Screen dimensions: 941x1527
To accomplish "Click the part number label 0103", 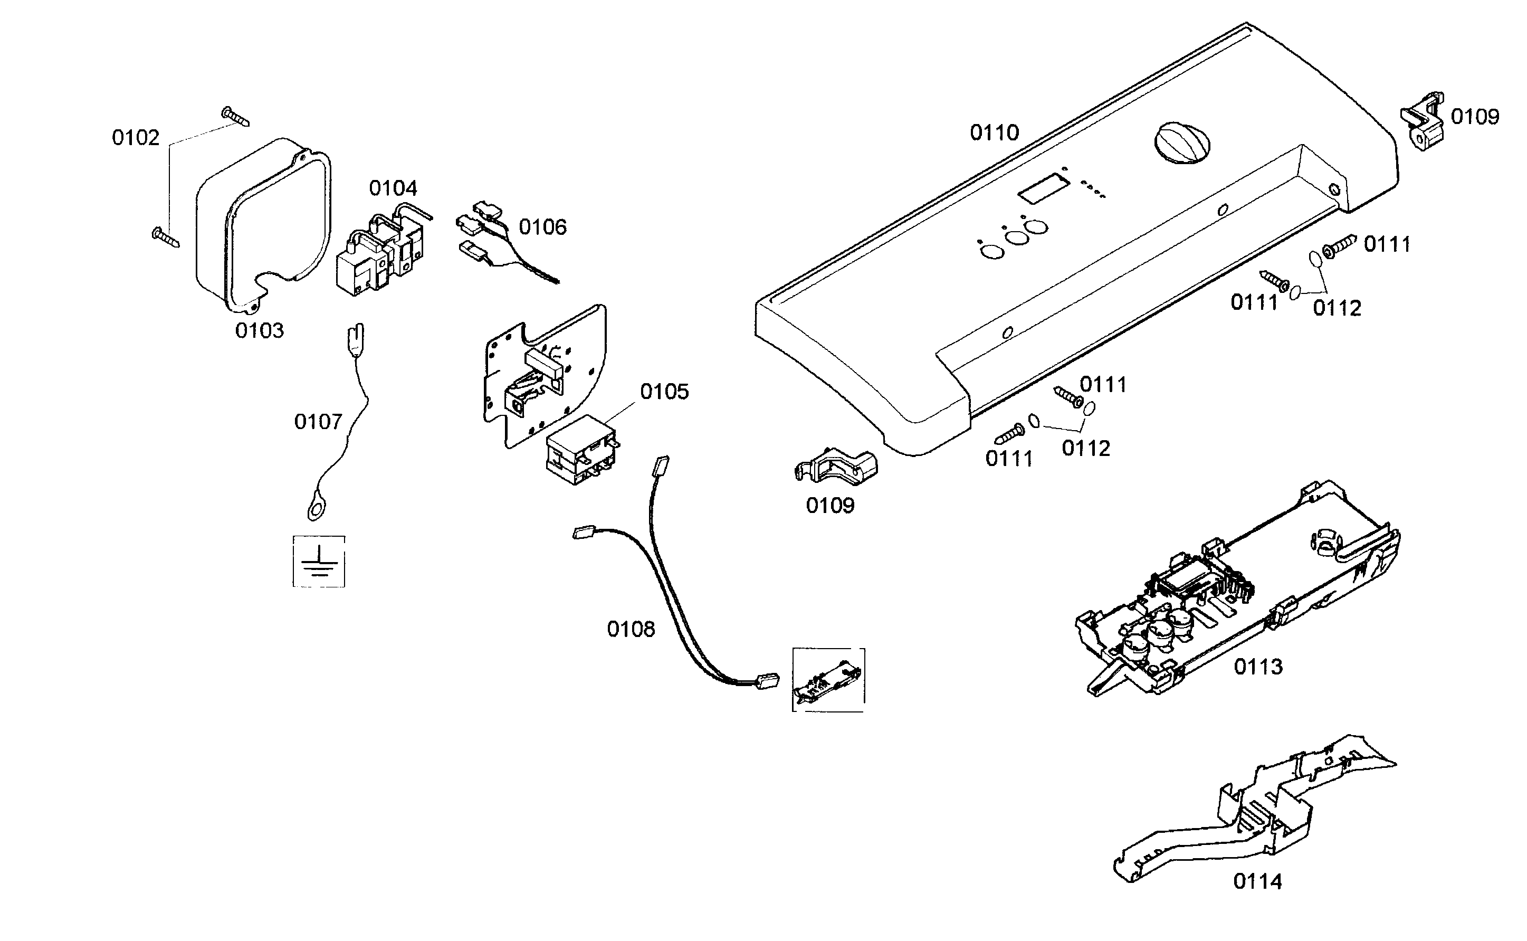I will [259, 330].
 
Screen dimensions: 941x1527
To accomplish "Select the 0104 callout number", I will [393, 188].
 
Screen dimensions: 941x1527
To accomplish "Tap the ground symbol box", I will [319, 562].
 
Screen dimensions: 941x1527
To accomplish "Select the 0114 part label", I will [1257, 881].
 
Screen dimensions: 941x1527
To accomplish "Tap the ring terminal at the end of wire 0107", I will [316, 511].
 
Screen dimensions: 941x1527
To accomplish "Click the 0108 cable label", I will [631, 629].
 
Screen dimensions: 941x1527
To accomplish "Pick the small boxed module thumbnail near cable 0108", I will [827, 680].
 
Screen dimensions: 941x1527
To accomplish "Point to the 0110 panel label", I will [995, 132].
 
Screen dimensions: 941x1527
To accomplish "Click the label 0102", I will [135, 138].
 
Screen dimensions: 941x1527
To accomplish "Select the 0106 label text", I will [542, 227].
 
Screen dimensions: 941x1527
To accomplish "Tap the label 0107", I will [318, 422].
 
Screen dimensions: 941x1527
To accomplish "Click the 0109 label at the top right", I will [1474, 117].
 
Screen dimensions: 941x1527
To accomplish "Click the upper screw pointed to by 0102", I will [235, 116].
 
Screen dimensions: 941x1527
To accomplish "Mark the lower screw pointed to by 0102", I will [166, 237].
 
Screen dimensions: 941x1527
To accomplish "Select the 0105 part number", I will [664, 392].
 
